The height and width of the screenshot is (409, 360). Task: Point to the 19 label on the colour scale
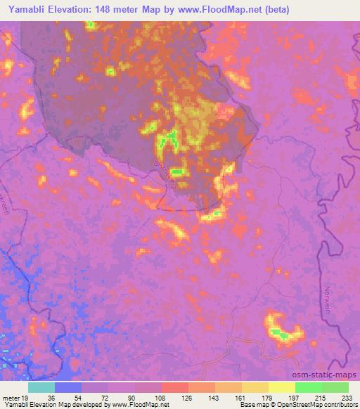click(x=26, y=397)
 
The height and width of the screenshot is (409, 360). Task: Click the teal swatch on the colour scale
click(x=41, y=387)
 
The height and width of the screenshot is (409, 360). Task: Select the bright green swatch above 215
click(x=309, y=387)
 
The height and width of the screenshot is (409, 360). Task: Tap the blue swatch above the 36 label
click(x=68, y=387)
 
